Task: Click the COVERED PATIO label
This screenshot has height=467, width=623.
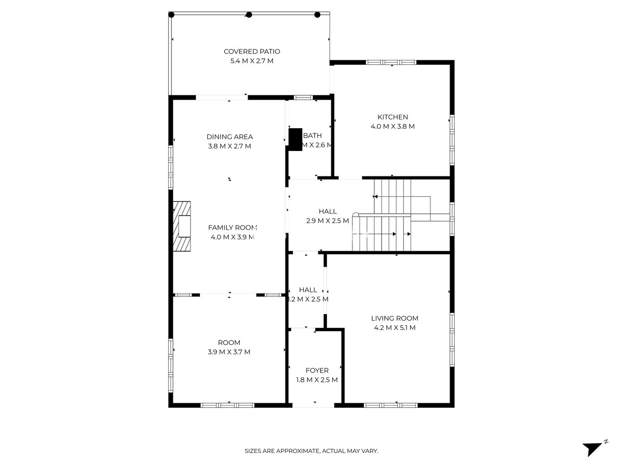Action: pyautogui.click(x=252, y=51)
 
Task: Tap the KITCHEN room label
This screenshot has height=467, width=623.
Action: pyautogui.click(x=392, y=117)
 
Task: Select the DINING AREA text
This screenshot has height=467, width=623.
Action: pyautogui.click(x=229, y=137)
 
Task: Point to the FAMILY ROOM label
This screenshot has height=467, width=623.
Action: pyautogui.click(x=233, y=228)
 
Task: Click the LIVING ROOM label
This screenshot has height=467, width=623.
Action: pyautogui.click(x=395, y=319)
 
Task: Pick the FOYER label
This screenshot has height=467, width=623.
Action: pyautogui.click(x=317, y=370)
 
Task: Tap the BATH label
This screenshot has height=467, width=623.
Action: pyautogui.click(x=313, y=136)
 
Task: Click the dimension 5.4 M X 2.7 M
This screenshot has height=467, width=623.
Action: pyautogui.click(x=252, y=61)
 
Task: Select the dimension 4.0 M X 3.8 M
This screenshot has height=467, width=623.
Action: pyautogui.click(x=392, y=127)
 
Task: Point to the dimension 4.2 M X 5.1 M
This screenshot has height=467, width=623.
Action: pyautogui.click(x=395, y=328)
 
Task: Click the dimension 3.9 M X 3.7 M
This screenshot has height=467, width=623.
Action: pyautogui.click(x=229, y=352)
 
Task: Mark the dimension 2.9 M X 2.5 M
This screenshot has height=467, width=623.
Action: pyautogui.click(x=328, y=221)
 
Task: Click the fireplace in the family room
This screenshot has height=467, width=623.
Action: pyautogui.click(x=182, y=227)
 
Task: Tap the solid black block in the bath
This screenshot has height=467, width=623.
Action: pyautogui.click(x=295, y=139)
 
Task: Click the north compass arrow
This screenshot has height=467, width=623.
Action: pyautogui.click(x=592, y=448)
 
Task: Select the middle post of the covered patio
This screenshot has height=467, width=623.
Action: pyautogui.click(x=249, y=15)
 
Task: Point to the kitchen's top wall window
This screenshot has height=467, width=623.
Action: pyautogui.click(x=391, y=63)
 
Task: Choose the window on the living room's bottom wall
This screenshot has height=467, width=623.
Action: pyautogui.click(x=390, y=405)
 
